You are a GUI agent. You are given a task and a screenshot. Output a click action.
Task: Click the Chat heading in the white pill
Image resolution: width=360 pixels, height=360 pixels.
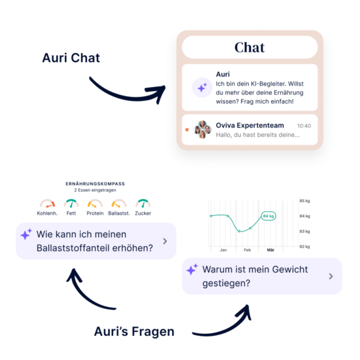click(x=249, y=47)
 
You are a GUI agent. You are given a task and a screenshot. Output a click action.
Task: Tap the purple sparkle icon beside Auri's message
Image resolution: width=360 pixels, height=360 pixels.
click(x=202, y=88)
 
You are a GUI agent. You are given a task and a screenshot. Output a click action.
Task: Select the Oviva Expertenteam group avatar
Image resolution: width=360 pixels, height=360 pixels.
click(x=202, y=130)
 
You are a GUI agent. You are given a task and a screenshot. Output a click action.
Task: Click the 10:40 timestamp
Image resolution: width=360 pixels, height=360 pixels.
click(x=304, y=126)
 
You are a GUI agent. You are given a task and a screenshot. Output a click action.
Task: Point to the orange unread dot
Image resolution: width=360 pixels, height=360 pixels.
click(x=187, y=130)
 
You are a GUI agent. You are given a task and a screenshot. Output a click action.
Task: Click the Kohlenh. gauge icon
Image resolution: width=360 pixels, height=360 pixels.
click(x=47, y=204)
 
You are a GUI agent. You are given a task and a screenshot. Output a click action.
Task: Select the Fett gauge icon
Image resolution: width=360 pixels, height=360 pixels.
click(x=71, y=204)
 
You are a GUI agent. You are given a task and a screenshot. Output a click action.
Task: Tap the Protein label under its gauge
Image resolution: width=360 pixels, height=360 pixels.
click(x=95, y=213)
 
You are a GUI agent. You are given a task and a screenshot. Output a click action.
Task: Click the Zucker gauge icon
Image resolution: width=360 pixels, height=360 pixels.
click(x=143, y=204)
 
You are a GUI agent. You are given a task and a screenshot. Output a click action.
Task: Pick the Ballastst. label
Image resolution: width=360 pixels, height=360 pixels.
click(x=119, y=213)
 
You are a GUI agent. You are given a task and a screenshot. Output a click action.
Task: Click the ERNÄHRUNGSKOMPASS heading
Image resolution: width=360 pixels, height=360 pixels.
click(x=96, y=184)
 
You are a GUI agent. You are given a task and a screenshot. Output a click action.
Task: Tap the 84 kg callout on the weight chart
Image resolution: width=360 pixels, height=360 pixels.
click(x=268, y=216)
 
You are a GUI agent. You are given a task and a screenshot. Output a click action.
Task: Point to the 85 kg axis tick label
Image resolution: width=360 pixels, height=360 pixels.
click(x=304, y=201)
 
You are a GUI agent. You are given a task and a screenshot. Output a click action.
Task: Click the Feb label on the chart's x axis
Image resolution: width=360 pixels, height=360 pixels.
click(x=247, y=250)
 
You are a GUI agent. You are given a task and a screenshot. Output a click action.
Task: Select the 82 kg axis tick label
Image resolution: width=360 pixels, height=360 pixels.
click(x=304, y=247)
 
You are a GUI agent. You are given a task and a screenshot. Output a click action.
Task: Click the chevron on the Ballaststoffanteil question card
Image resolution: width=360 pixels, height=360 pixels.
click(x=165, y=241)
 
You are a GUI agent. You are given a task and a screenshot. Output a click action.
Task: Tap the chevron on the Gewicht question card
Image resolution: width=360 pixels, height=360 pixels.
click(x=331, y=276)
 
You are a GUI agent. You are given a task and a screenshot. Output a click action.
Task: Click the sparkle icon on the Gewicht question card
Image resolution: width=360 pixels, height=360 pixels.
click(x=192, y=269)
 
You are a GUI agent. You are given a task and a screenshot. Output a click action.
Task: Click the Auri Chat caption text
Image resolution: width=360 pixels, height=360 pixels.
click(x=71, y=58)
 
